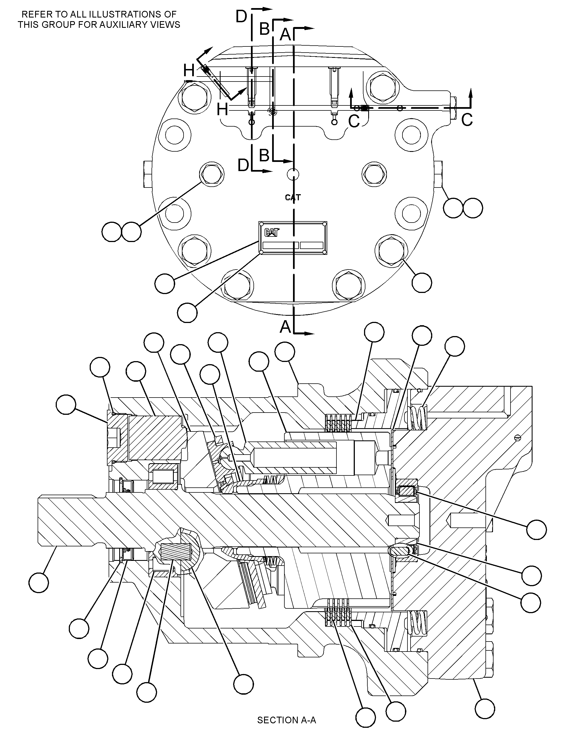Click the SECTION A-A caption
[286, 720]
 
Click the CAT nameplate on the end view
[293, 238]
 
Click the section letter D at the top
[241, 17]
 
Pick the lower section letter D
[243, 165]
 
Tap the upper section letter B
[265, 29]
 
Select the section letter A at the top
[285, 34]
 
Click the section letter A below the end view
[285, 327]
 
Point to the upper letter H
[189, 71]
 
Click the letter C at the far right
[467, 120]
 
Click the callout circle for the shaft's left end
[39, 583]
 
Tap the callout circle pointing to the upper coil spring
[455, 346]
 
